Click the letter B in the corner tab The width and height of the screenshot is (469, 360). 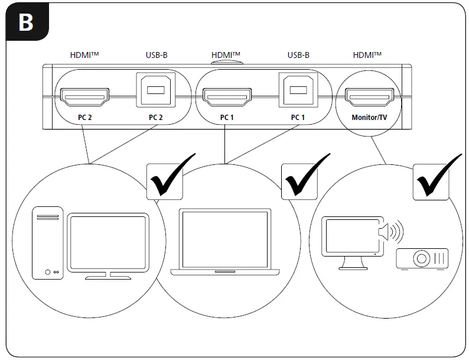coord(25,22)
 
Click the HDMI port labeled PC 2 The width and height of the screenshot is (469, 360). coord(84,96)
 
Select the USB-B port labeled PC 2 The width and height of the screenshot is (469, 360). coord(155,90)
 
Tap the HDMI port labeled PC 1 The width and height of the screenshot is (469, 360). coord(227,96)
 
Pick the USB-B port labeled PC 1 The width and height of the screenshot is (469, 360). coord(298,90)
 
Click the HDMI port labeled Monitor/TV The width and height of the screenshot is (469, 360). coord(369,96)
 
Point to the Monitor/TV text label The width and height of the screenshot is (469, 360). coord(369,117)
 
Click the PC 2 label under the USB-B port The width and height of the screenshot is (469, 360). coord(155,117)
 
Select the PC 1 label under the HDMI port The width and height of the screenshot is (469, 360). coord(227,117)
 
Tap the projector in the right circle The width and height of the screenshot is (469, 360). coord(422,258)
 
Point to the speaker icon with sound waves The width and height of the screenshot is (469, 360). coord(389,232)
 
